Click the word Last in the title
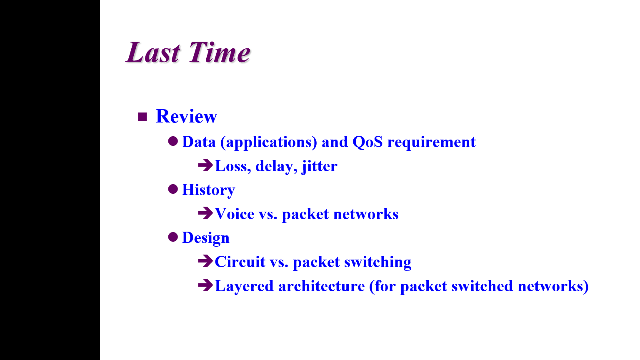coord(153,52)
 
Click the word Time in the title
coord(220,52)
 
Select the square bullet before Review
coord(142,117)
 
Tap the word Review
coord(186,116)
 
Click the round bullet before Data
coord(173,141)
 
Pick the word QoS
coord(367,142)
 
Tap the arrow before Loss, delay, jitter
coord(205,165)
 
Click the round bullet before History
coord(173,189)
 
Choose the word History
coord(209,190)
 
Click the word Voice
coord(235,214)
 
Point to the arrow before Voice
coord(205,213)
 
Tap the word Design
coord(206,238)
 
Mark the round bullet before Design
coord(173,237)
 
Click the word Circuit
coord(240,262)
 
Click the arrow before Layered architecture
coord(205,285)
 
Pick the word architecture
coord(321,286)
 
